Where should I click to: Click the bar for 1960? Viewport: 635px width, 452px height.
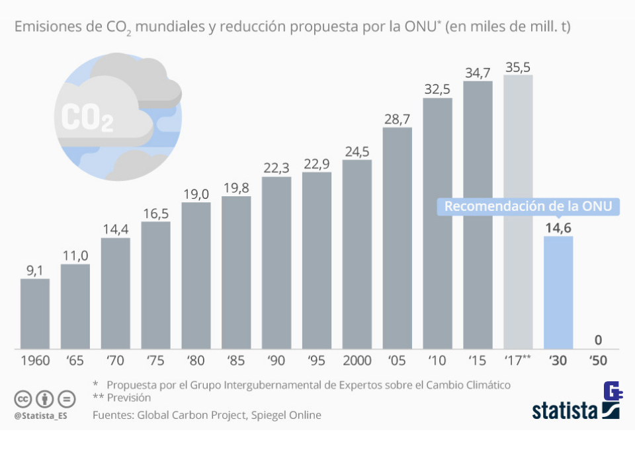pos(35,314)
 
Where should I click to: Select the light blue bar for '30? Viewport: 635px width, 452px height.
pos(558,293)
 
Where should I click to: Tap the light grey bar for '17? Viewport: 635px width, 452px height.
pos(518,211)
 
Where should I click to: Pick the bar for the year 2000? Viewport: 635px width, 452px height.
pos(357,254)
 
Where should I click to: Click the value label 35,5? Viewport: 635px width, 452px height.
pos(518,67)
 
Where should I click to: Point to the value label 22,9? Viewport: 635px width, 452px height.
pos(317,163)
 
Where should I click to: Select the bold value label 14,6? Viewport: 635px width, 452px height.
pos(558,228)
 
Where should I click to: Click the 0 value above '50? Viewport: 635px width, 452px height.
pos(598,341)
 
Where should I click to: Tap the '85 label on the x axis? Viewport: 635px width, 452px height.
pos(236,361)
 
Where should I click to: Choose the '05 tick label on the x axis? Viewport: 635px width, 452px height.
pos(397,361)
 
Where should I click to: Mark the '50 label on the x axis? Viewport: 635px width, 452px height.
pos(598,361)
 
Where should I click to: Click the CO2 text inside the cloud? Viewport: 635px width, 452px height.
pos(87,117)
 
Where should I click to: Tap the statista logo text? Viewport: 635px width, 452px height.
pos(566,410)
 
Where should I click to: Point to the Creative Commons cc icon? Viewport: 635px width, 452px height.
pos(23,398)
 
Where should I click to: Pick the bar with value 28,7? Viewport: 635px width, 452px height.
pos(397,238)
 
